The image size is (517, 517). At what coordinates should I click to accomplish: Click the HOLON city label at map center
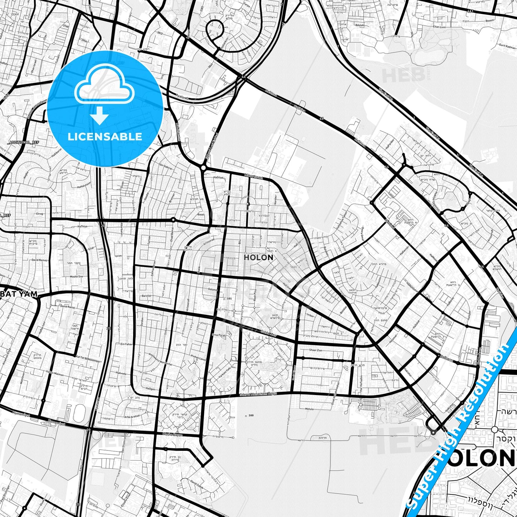(x=258, y=257)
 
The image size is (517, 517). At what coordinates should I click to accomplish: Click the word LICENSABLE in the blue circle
(x=105, y=137)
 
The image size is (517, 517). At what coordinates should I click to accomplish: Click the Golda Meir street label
(x=269, y=333)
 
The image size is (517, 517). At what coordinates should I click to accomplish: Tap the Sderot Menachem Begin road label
(x=258, y=394)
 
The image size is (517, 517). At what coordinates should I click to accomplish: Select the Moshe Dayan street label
(x=172, y=435)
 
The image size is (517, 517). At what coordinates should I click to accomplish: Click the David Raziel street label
(x=67, y=307)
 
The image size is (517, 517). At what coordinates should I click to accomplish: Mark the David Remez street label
(x=39, y=260)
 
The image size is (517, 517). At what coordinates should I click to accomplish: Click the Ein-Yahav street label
(x=127, y=344)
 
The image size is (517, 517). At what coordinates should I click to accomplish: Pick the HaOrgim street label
(x=447, y=357)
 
